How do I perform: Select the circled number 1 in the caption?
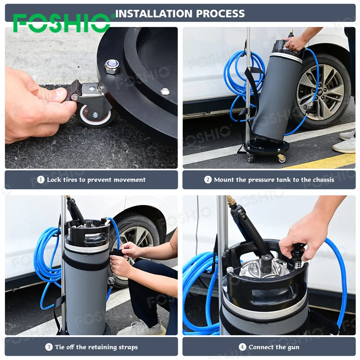point(41,180)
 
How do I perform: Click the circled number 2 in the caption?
point(208,180)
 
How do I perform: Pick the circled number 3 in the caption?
point(49,347)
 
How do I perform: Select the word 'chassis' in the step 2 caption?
point(322,180)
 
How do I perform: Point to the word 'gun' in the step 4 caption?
point(292,347)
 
